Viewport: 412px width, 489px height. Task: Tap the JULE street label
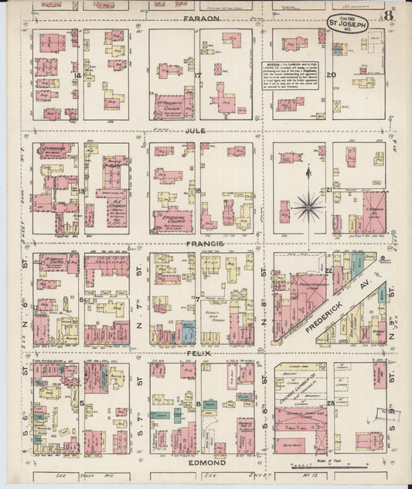(x=195, y=131)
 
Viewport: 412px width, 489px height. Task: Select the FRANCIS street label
(x=204, y=244)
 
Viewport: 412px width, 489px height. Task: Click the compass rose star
(x=308, y=207)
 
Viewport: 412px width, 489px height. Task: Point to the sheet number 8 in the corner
(x=393, y=13)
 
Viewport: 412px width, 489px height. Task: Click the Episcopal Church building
(x=173, y=220)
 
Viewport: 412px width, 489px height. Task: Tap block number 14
(x=78, y=75)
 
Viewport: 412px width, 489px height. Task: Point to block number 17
(x=198, y=75)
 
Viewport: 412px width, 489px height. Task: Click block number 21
(x=329, y=189)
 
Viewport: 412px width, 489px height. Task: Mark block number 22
(x=329, y=270)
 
